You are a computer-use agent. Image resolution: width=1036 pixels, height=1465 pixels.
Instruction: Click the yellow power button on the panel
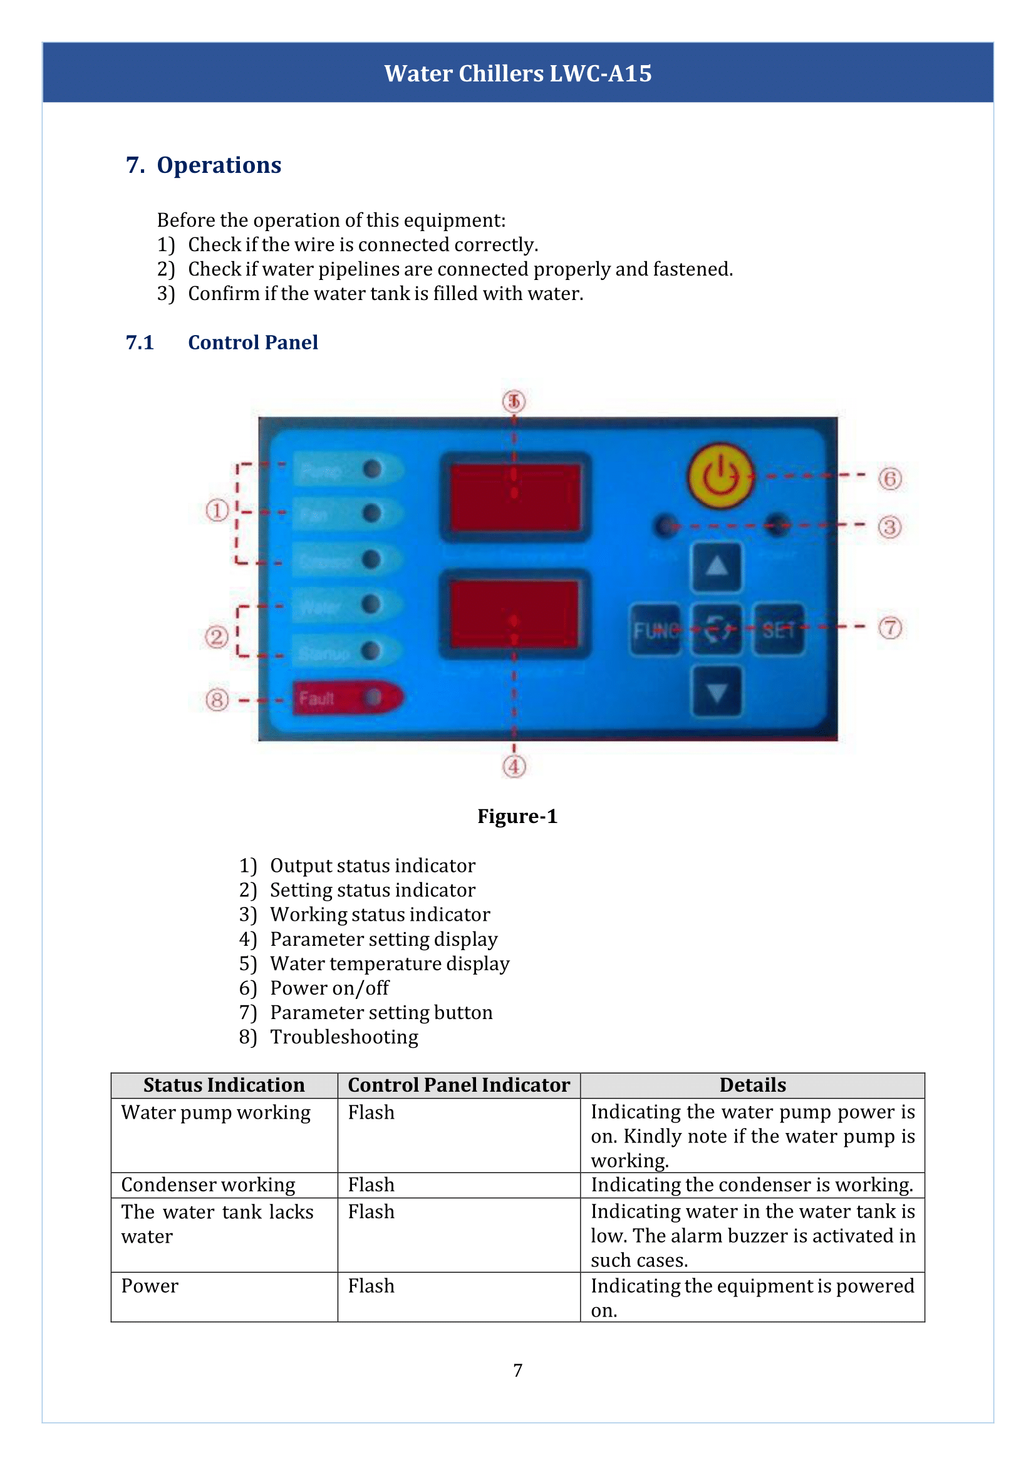point(720,476)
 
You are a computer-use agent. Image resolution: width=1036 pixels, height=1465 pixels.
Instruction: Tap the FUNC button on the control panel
point(655,629)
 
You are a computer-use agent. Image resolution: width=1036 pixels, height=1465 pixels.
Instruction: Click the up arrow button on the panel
point(717,567)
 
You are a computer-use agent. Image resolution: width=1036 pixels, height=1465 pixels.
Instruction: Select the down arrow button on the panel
point(717,691)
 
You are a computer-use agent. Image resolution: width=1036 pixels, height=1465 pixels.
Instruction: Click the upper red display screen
point(515,497)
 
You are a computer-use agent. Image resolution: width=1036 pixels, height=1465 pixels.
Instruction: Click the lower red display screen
point(515,613)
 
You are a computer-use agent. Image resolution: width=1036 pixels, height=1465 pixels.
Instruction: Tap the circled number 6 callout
point(890,479)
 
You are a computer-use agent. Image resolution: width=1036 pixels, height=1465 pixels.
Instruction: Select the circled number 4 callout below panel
point(514,766)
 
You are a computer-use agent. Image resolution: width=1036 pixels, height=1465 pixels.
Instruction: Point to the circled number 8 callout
point(217,700)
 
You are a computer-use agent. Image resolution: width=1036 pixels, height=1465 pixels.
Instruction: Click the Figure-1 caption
point(517,816)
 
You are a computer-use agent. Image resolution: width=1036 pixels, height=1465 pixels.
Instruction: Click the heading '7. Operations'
point(204,165)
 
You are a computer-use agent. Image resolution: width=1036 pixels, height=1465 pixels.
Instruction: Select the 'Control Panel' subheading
point(252,343)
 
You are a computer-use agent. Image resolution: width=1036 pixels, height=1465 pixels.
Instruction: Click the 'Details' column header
point(752,1085)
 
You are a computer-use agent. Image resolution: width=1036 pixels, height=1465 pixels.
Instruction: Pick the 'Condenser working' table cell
point(209,1184)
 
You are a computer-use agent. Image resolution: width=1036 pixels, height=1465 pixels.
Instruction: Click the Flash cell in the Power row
point(371,1286)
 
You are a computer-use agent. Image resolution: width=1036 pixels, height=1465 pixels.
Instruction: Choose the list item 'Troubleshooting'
point(344,1037)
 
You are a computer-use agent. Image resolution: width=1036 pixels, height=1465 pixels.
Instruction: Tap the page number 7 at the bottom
point(517,1370)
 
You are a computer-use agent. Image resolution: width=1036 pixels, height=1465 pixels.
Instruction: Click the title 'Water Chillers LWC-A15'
point(517,73)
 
